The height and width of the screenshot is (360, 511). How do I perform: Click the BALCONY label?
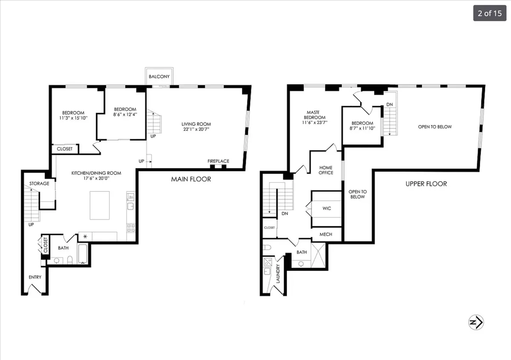pos(159,77)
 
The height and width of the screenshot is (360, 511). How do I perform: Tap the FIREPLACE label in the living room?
pos(218,161)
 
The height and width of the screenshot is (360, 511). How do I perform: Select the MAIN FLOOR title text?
pos(191,179)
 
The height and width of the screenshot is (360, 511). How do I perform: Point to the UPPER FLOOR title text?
pos(426,184)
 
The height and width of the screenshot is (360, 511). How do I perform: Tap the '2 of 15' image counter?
pos(489,13)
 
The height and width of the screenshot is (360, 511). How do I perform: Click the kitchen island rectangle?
pos(99,206)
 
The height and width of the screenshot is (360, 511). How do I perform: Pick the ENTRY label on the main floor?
pos(35,277)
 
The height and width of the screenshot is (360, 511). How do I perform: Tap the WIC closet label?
pos(327,209)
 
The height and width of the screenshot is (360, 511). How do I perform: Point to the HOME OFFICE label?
pos(326,170)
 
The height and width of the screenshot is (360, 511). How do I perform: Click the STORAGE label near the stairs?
pos(39,184)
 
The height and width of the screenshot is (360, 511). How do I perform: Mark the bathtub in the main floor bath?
pos(83,254)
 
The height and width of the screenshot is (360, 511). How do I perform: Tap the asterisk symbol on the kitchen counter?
pos(85,236)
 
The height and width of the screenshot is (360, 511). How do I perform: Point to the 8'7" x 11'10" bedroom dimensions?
pos(362,128)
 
